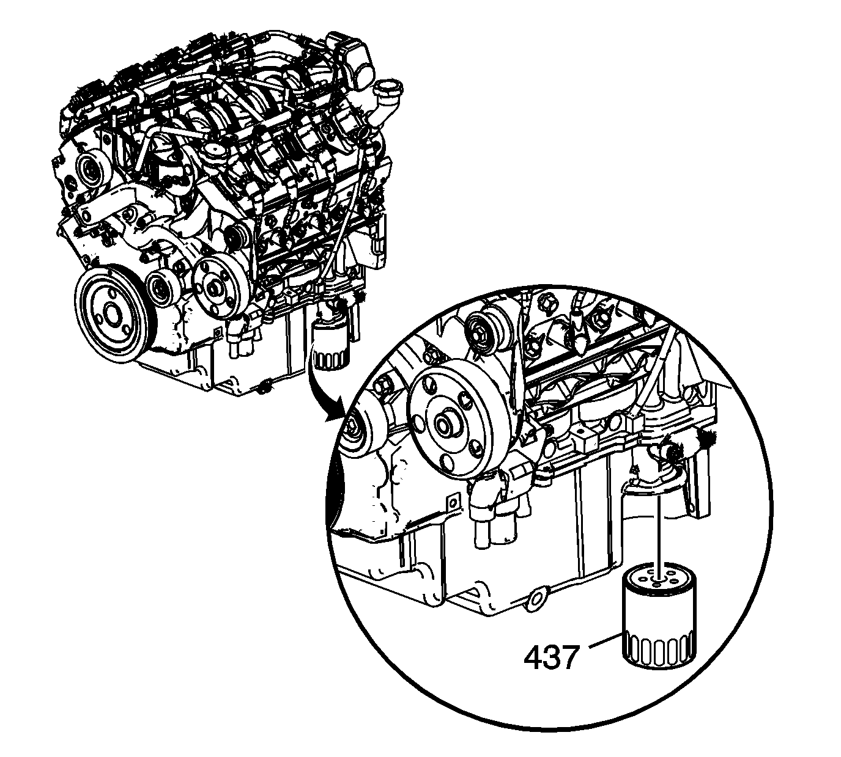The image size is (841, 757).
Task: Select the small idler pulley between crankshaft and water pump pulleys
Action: [163, 288]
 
